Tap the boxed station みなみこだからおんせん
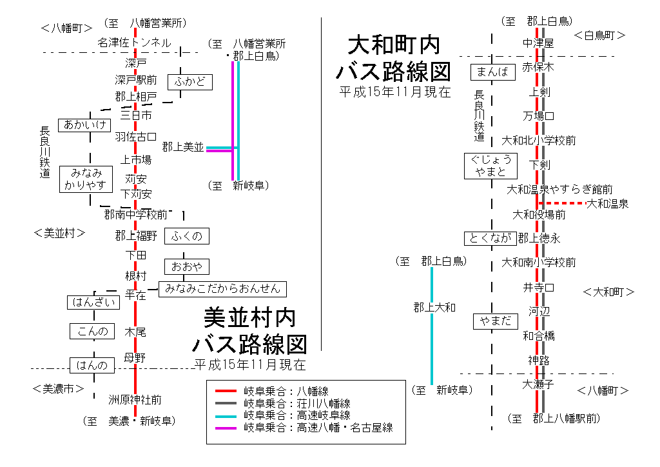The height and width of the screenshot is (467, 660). pyautogui.click(x=222, y=288)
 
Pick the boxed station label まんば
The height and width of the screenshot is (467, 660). pyautogui.click(x=493, y=72)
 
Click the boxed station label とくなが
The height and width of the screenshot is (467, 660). pyautogui.click(x=490, y=239)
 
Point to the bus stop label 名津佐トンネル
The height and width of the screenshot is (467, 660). pyautogui.click(x=134, y=43)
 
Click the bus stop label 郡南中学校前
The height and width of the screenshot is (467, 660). pyautogui.click(x=136, y=214)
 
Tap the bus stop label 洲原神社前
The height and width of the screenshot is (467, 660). pyautogui.click(x=135, y=400)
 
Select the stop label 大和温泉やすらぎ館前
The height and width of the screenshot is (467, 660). pyautogui.click(x=559, y=190)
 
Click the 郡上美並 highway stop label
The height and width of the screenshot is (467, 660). pyautogui.click(x=182, y=147)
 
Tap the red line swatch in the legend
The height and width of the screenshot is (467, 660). pyautogui.click(x=226, y=392)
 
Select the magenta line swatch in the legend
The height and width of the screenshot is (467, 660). pyautogui.click(x=226, y=428)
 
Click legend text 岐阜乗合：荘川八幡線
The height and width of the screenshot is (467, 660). pyautogui.click(x=297, y=403)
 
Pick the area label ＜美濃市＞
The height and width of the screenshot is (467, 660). pyautogui.click(x=59, y=389)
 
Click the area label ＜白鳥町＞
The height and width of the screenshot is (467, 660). pyautogui.click(x=599, y=35)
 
